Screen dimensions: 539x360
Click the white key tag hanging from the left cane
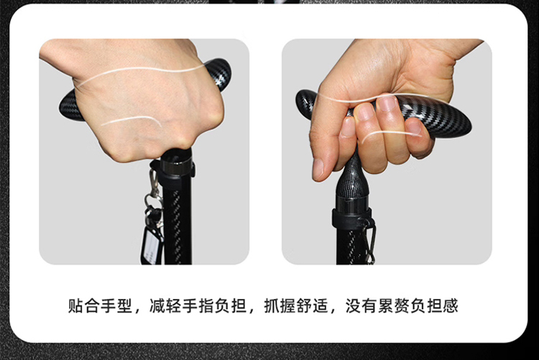150,246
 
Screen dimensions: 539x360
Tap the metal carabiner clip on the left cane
152,183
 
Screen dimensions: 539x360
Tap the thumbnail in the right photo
318,169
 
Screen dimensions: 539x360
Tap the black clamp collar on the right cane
352,218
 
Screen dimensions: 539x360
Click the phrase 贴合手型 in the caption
100,305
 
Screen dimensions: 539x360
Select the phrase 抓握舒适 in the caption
296,305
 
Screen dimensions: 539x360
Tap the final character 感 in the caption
451,305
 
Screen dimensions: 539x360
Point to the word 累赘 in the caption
394,305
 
